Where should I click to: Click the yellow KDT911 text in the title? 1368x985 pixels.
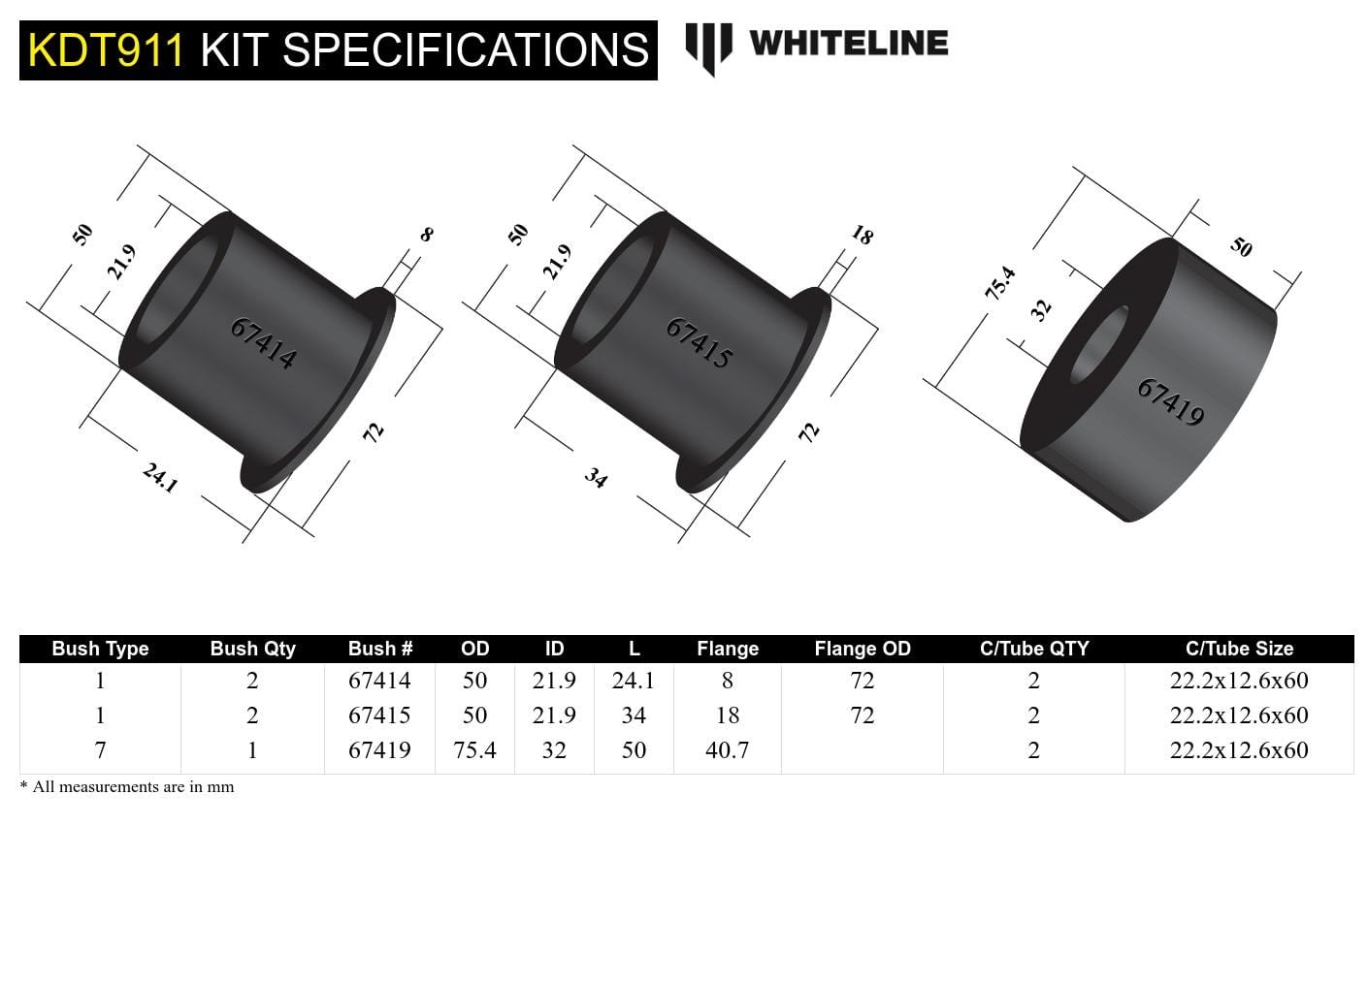pyautogui.click(x=105, y=49)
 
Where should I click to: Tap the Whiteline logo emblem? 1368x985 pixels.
pyautogui.click(x=707, y=47)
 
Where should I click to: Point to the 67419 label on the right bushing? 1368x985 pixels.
pyautogui.click(x=1171, y=401)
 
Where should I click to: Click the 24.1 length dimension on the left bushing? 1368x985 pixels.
pyautogui.click(x=160, y=477)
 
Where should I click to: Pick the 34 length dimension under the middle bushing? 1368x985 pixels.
pyautogui.click(x=596, y=477)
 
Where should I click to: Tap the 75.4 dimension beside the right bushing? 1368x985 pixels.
pyautogui.click(x=1000, y=282)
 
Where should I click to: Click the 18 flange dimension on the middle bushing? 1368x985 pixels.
pyautogui.click(x=862, y=235)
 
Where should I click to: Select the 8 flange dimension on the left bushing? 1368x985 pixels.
pyautogui.click(x=426, y=235)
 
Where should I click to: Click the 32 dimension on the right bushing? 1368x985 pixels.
pyautogui.click(x=1040, y=309)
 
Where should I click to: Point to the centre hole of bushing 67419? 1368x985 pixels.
pyautogui.click(x=1098, y=344)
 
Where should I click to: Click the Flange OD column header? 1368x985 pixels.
pyautogui.click(x=862, y=649)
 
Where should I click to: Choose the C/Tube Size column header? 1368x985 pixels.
pyautogui.click(x=1239, y=649)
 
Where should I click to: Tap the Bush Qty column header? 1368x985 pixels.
pyautogui.click(x=252, y=649)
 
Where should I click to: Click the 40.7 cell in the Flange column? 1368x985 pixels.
pyautogui.click(x=727, y=750)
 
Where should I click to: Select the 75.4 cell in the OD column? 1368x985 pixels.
pyautogui.click(x=474, y=750)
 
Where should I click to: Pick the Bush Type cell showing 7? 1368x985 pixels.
pyautogui.click(x=100, y=750)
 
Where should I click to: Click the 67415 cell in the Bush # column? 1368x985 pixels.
pyautogui.click(x=379, y=715)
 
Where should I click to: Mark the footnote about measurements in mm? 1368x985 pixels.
pyautogui.click(x=127, y=787)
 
